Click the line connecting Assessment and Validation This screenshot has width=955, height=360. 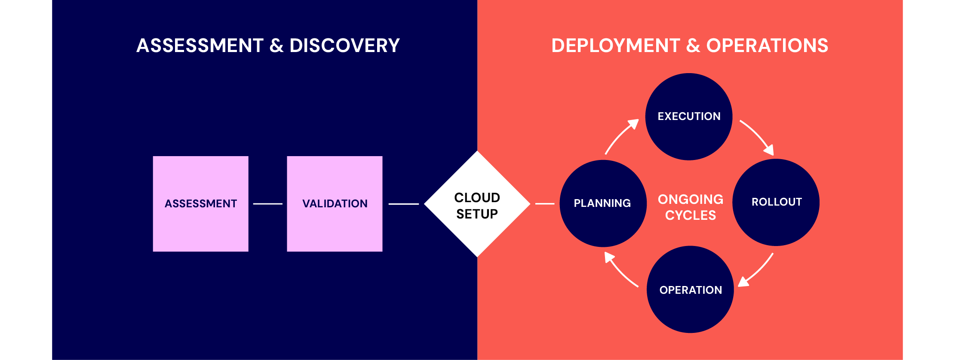[x=267, y=204]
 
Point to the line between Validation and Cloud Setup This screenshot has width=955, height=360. [x=403, y=204]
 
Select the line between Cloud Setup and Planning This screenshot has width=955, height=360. [x=544, y=204]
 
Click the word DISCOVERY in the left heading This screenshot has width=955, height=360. [x=344, y=46]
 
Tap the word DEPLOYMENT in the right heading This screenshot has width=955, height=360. [x=615, y=46]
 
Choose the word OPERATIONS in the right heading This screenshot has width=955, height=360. [x=767, y=46]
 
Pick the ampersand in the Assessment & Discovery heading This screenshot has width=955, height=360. [x=276, y=46]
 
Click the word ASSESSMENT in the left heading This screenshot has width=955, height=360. [x=200, y=46]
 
